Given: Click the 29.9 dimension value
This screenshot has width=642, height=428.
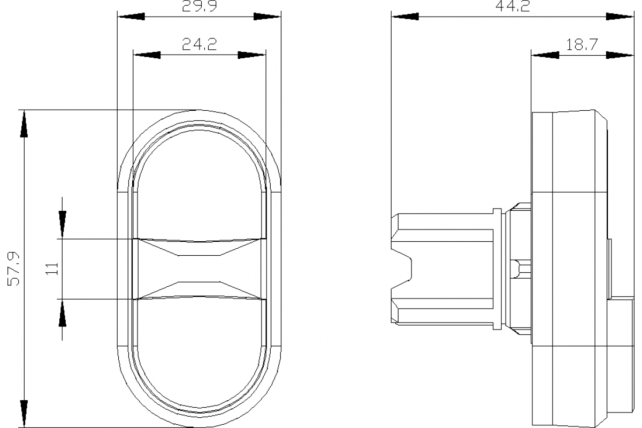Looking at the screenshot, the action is tap(199, 6).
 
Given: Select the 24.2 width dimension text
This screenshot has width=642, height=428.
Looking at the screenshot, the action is tap(199, 44).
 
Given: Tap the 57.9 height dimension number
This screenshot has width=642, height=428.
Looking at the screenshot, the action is tap(13, 269).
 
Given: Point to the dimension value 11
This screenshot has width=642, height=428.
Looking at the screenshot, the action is tap(52, 269).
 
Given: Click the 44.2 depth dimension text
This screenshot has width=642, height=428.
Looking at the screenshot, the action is tap(513, 6).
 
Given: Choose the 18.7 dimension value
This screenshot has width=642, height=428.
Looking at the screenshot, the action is tap(582, 45).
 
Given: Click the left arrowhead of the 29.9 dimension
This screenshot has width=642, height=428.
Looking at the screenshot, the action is tap(131, 17).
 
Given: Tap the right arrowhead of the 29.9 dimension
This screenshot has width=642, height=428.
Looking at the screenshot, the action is tap(267, 17).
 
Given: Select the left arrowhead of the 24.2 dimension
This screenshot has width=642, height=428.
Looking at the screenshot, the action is tap(147, 55).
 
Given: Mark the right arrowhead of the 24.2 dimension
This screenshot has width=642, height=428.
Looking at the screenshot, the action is tap(251, 55).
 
